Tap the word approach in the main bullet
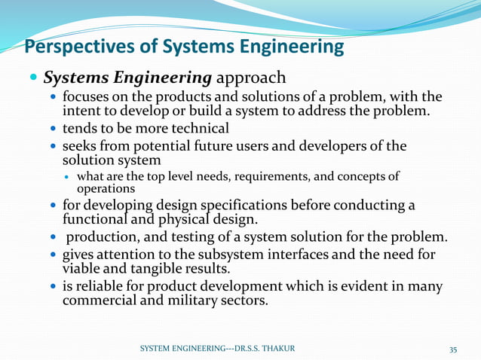pyautogui.click(x=252, y=78)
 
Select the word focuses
pyautogui.click(x=87, y=97)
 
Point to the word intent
pyautogui.click(x=81, y=111)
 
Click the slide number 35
pyautogui.click(x=453, y=349)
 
